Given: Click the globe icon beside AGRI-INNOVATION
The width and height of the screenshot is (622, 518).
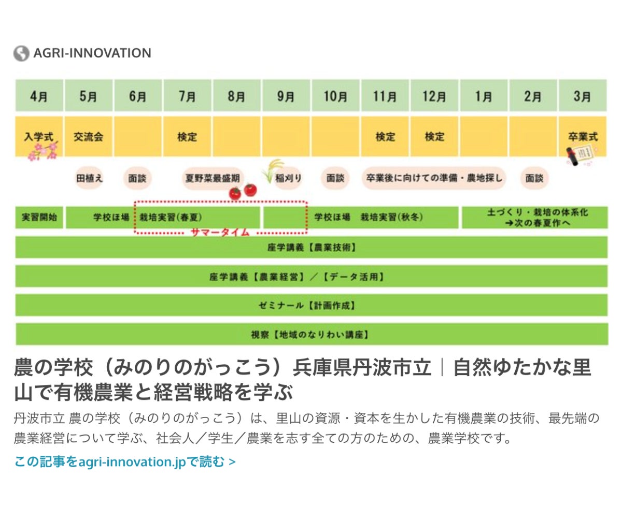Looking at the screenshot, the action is click(21, 53).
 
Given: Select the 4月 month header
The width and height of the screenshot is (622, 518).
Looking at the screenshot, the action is click(39, 95).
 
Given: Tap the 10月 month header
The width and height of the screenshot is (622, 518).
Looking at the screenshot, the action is click(335, 95).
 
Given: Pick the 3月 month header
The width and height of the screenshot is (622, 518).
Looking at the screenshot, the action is click(583, 95).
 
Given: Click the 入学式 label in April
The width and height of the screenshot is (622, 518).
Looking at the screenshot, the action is click(39, 137).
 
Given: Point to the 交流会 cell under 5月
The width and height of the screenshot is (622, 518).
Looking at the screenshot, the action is click(89, 136).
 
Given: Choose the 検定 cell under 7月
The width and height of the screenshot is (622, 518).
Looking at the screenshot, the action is click(187, 136).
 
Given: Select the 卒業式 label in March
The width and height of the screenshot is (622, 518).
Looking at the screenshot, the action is click(583, 137).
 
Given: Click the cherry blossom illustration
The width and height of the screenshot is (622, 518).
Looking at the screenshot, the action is click(43, 151).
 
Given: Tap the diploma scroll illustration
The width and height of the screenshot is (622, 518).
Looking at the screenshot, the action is click(581, 155).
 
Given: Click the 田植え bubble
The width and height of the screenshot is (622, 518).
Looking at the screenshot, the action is click(89, 178).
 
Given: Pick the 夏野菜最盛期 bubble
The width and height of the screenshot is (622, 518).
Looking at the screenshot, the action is click(213, 178).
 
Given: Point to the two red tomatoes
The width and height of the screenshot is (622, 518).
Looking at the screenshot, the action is click(243, 192).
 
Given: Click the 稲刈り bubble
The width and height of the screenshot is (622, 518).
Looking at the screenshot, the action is click(288, 178).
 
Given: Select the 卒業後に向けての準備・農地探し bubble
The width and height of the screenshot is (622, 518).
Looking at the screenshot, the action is click(434, 178).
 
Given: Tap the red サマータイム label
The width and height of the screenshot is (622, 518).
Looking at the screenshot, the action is click(220, 232).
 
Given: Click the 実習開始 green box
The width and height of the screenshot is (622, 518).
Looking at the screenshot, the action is click(39, 218).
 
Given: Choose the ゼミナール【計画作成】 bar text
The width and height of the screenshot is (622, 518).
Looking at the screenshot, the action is click(307, 306).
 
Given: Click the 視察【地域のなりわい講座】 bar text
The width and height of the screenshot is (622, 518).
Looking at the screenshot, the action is click(310, 335).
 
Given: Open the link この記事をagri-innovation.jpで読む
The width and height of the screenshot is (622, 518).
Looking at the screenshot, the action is click(125, 462).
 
